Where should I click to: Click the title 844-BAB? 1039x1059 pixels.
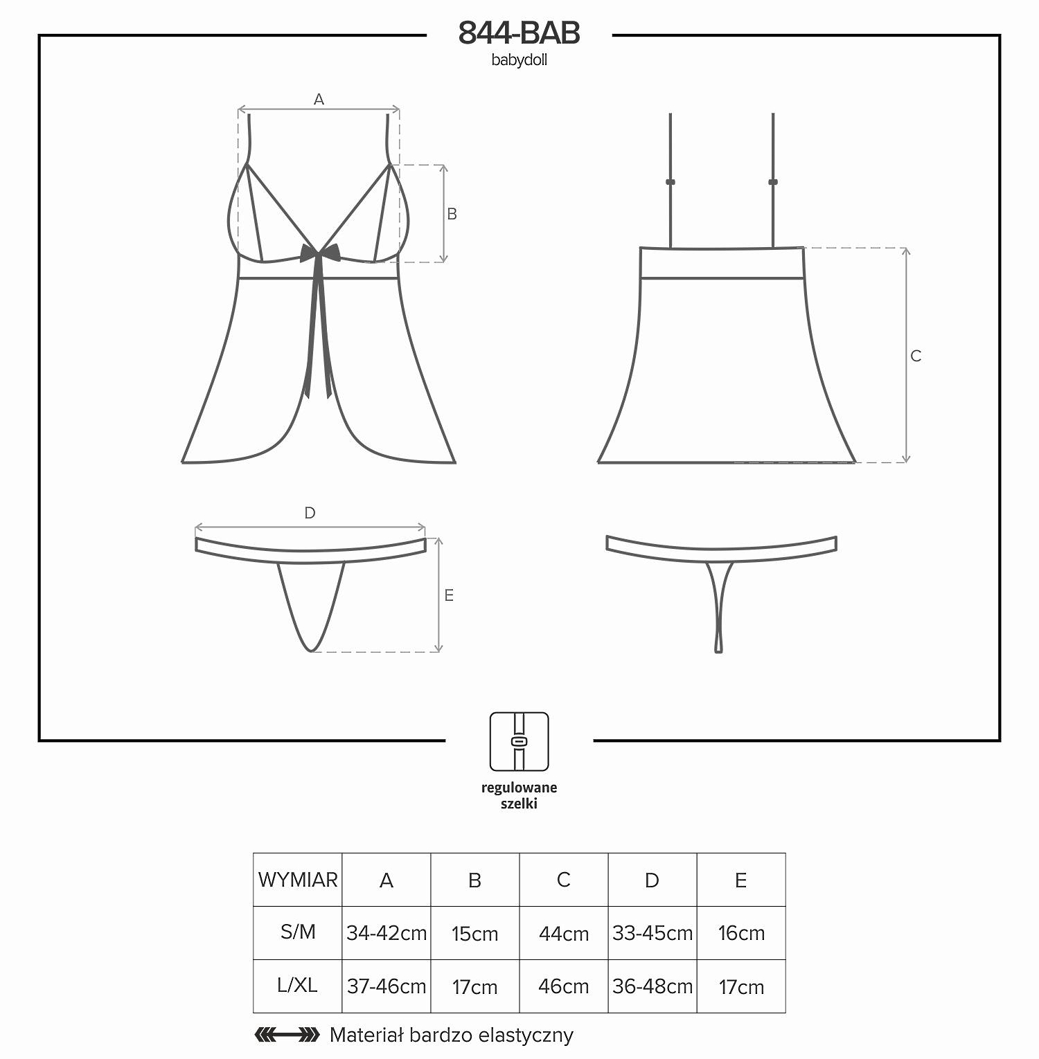(x=519, y=33)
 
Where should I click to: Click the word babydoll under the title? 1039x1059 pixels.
(x=519, y=60)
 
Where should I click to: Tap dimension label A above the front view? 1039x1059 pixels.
(x=319, y=100)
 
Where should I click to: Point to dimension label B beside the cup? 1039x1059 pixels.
(x=452, y=215)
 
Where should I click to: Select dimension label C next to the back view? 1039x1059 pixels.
(x=916, y=356)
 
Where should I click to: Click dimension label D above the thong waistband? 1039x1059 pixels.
(x=310, y=513)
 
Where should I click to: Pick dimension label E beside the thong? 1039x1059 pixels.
(x=449, y=595)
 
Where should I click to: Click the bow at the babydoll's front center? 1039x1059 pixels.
(x=320, y=254)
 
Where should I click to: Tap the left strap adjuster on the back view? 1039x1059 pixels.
(x=671, y=182)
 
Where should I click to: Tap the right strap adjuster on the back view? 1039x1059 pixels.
(x=773, y=182)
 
